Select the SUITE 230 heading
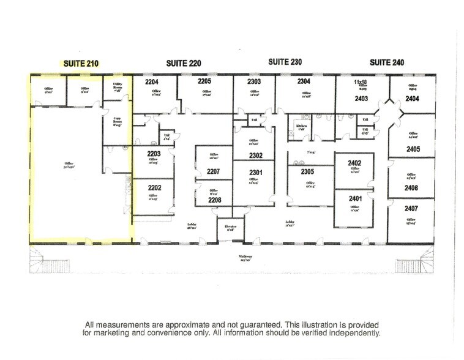tap(285, 62)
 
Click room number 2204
tap(152, 81)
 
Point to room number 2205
tap(204, 81)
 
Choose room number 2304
tap(304, 81)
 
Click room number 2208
tap(213, 200)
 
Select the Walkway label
tap(245, 258)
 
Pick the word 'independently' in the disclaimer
tap(354, 333)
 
